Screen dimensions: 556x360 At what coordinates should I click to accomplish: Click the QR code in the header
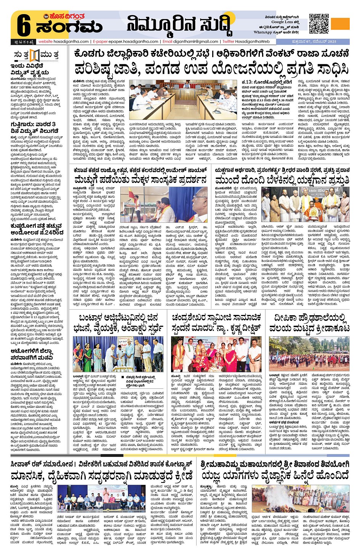point(319,24)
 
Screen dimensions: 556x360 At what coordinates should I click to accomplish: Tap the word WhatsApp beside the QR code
point(262,32)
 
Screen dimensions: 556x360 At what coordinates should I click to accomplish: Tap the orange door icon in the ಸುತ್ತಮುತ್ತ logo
point(35,56)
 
